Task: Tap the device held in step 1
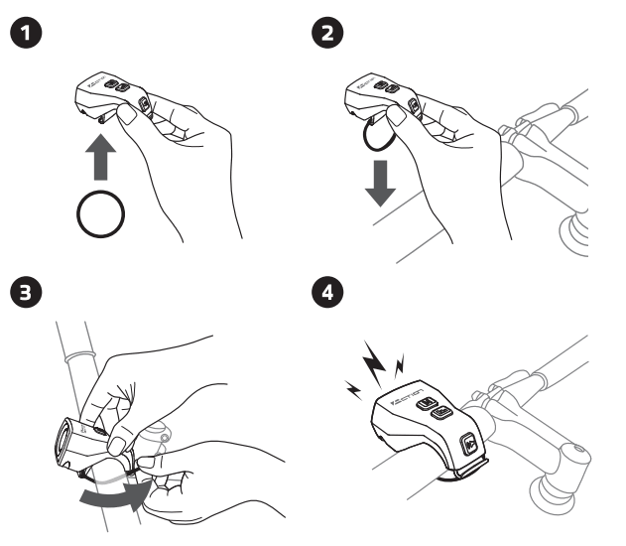pyautogui.click(x=115, y=94)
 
